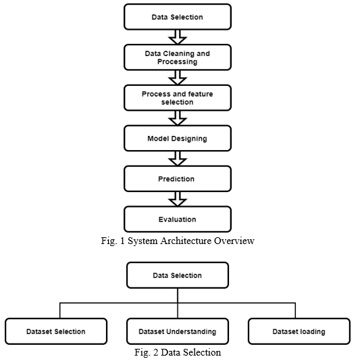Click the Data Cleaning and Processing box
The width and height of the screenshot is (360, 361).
178,57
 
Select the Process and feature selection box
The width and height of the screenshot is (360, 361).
178,98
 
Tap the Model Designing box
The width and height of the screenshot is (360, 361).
178,139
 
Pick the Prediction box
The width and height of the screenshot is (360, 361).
178,179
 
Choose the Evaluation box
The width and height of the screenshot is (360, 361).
178,219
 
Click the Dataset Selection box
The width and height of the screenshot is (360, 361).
56,331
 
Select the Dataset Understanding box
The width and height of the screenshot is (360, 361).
178,331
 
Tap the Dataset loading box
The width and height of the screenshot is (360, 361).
299,331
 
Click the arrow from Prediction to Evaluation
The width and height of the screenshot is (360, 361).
178,199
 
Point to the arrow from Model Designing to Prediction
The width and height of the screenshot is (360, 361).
178,159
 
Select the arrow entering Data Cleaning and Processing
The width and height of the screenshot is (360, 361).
178,37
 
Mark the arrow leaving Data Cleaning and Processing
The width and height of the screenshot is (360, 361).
178,78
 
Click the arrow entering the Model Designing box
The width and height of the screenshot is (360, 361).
178,118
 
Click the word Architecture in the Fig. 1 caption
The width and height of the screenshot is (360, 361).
186,241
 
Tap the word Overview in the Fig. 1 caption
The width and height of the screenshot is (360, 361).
234,241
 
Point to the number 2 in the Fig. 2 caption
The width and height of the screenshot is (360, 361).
156,352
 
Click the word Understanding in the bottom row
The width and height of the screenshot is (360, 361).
191,332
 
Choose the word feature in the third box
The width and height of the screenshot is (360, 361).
201,94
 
